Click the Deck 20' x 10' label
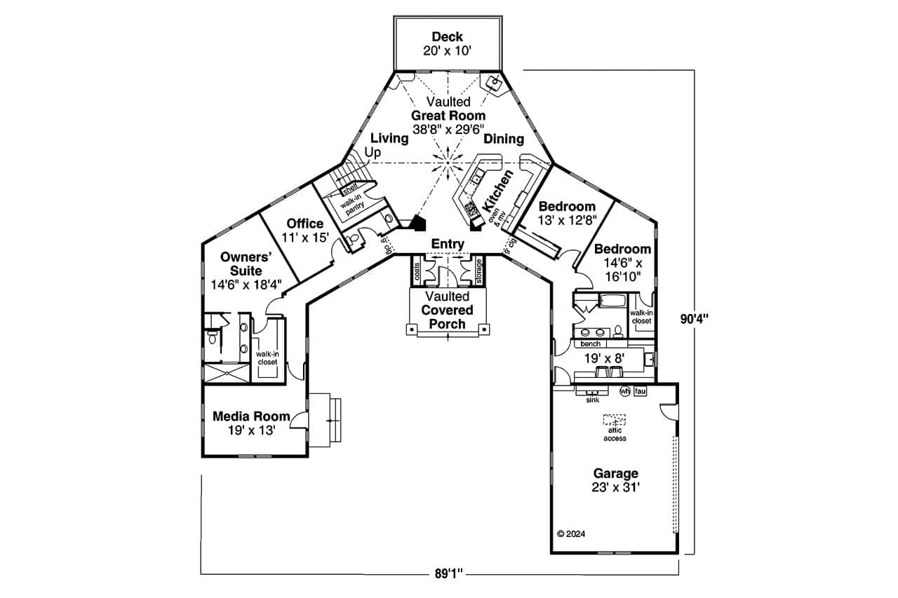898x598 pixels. pos(447,43)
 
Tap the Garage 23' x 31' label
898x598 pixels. pos(615,480)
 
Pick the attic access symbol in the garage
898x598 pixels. pos(615,421)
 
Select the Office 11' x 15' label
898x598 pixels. pos(304,231)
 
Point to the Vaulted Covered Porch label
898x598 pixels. pos(447,310)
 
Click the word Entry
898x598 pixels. pos(448,243)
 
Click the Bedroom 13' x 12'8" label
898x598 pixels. pos(567,212)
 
